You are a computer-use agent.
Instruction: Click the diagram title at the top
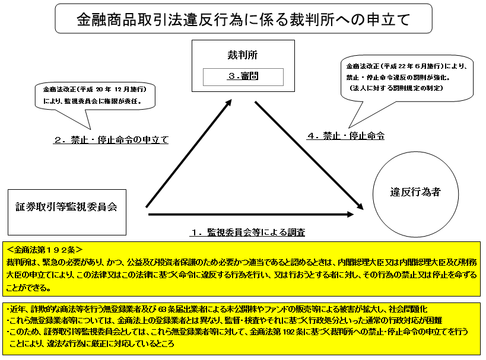(243, 20)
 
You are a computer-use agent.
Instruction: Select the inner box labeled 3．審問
(243, 77)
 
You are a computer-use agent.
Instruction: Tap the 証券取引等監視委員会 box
(66, 207)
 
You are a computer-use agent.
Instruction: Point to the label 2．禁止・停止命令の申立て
(111, 141)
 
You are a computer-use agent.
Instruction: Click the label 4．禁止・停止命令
(345, 136)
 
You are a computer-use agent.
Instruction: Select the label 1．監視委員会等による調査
(247, 232)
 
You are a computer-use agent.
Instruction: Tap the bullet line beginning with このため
(237, 332)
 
